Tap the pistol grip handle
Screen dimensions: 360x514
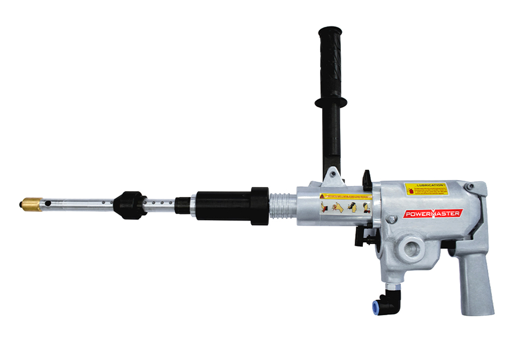pyautogui.click(x=476, y=278)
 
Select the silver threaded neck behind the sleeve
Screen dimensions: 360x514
pyautogui.click(x=281, y=206)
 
